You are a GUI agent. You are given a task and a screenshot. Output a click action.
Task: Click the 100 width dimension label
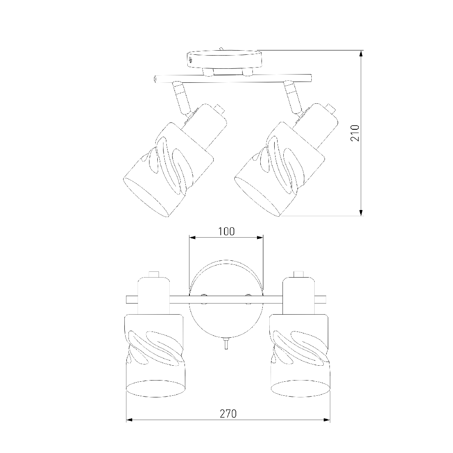[226, 231]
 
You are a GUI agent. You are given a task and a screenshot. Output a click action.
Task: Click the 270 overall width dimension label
[228, 414]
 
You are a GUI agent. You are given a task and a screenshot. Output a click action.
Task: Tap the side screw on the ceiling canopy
[191, 60]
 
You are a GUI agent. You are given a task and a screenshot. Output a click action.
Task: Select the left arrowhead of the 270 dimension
[130, 420]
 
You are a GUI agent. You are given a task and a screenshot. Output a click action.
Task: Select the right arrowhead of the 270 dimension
[327, 420]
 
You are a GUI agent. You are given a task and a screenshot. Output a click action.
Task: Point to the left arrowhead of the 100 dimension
[192, 238]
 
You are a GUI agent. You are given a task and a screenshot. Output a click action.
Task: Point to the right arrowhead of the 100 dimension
[260, 238]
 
